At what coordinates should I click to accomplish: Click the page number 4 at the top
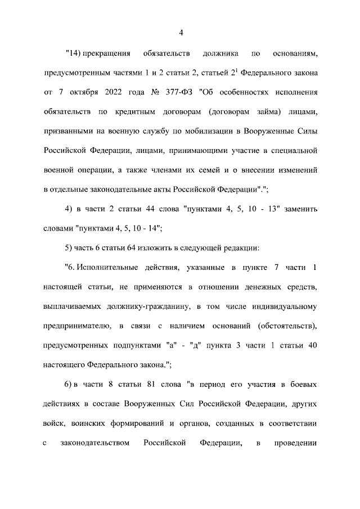pyautogui.click(x=181, y=32)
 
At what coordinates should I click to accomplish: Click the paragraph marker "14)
pyautogui.click(x=73, y=55)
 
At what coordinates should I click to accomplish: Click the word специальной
pyautogui.click(x=285, y=151)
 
